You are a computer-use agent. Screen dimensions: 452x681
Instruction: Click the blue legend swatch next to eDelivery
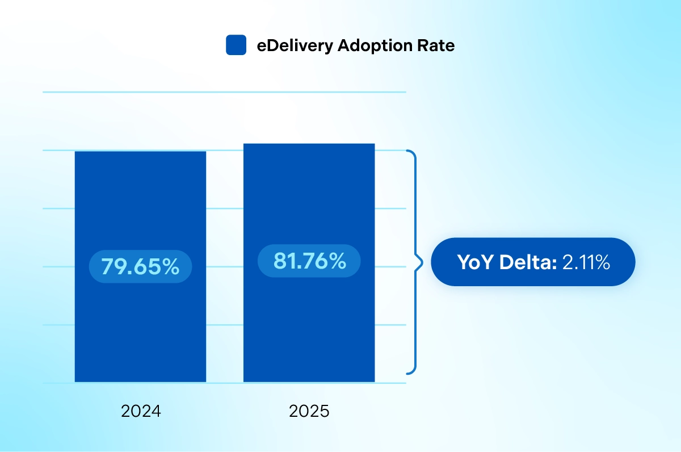click(236, 45)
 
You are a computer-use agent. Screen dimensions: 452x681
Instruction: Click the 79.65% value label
click(140, 266)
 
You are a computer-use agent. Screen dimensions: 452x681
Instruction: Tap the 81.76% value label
click(309, 261)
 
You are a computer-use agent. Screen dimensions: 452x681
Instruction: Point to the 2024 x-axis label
click(141, 411)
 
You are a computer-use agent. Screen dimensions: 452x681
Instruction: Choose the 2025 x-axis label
click(309, 411)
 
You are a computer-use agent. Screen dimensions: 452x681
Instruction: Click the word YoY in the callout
click(476, 262)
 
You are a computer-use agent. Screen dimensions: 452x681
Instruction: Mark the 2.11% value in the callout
click(586, 262)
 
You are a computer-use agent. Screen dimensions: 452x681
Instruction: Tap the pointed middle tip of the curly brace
click(422, 262)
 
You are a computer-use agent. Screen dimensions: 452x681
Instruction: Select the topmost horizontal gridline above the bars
click(224, 92)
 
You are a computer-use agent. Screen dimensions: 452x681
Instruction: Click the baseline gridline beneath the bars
click(224, 383)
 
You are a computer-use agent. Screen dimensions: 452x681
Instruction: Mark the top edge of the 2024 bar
click(140, 152)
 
